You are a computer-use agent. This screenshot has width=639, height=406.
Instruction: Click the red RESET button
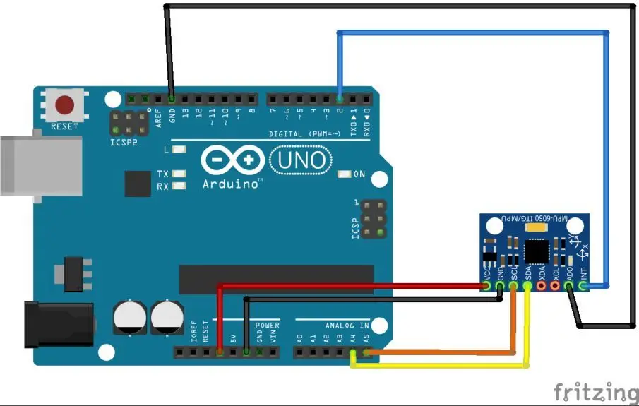click(x=65, y=106)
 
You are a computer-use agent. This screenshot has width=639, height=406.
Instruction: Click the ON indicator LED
click(x=345, y=174)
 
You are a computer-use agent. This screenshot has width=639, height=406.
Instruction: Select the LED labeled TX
click(x=179, y=174)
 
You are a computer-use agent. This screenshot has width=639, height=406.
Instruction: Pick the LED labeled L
click(x=179, y=150)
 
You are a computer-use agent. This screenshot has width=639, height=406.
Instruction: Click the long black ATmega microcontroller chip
click(x=276, y=279)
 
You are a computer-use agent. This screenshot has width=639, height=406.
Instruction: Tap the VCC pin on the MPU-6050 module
click(x=487, y=286)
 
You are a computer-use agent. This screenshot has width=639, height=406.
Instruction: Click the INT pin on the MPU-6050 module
click(x=583, y=286)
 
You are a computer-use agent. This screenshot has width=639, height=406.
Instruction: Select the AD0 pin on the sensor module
click(x=569, y=286)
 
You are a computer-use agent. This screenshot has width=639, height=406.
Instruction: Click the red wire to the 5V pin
click(x=353, y=286)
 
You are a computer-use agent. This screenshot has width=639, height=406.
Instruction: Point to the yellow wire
click(x=438, y=366)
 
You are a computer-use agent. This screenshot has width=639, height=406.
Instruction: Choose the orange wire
click(x=438, y=351)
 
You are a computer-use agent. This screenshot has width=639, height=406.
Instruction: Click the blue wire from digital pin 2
click(x=473, y=32)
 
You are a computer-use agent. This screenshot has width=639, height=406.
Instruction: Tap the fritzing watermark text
click(x=595, y=391)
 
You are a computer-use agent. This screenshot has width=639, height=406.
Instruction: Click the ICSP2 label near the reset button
click(x=124, y=141)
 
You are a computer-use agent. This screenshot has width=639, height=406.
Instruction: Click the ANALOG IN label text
click(x=347, y=326)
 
